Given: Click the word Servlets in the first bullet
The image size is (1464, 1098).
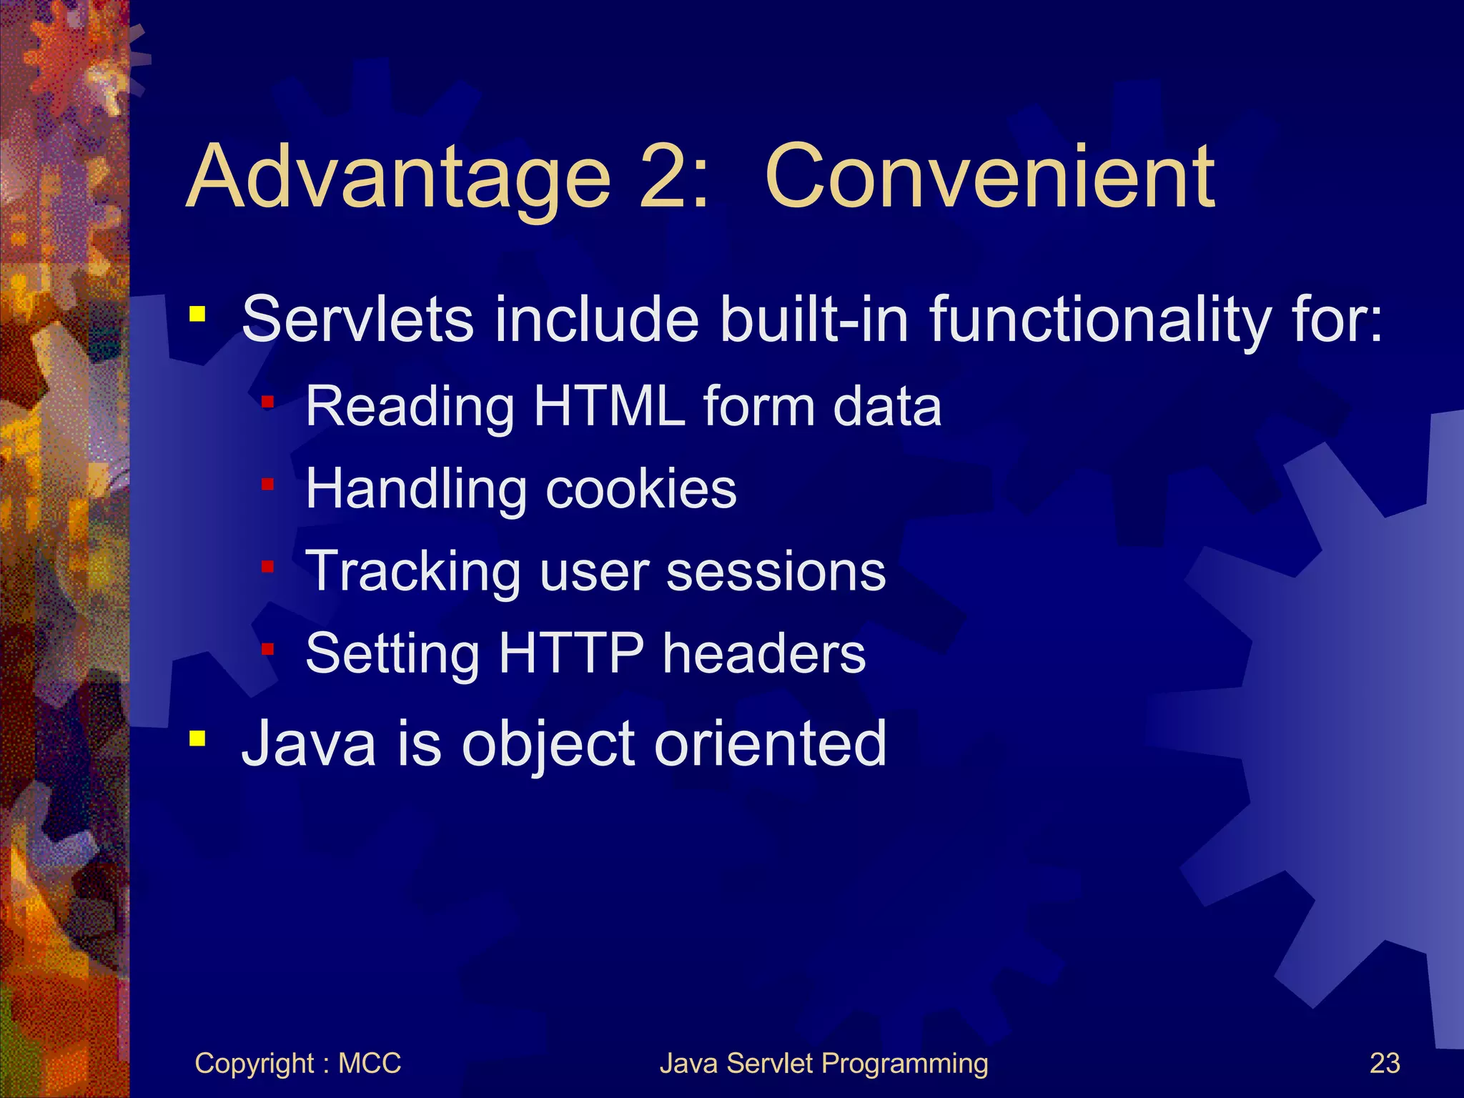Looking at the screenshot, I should (357, 319).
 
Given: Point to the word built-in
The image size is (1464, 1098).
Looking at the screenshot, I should (814, 319).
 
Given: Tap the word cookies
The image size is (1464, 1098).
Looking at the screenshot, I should (640, 489).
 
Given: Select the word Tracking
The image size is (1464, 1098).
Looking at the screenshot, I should (413, 572).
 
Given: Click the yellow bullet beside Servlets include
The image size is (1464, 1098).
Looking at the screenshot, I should (197, 314).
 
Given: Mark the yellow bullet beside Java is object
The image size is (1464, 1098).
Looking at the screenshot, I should (197, 738).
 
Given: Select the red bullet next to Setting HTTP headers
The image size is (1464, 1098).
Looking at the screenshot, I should (267, 650).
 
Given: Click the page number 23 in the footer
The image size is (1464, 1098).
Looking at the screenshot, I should (1384, 1064).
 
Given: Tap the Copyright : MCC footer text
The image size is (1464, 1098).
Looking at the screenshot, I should (297, 1064).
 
